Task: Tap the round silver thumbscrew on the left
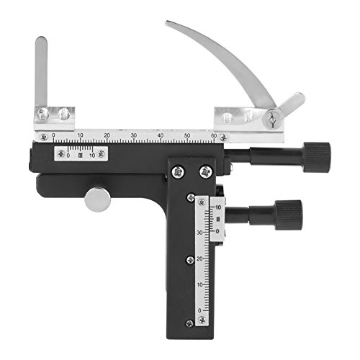coord(97,199)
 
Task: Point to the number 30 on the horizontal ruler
coord(133,135)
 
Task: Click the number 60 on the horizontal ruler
coord(214,135)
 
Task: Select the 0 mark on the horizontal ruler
coord(53,135)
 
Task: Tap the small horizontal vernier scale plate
coord(81,153)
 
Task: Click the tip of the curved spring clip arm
coord(170,24)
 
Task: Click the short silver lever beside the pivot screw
coord(291,104)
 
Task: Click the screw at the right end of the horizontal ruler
coord(225,137)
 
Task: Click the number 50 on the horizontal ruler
coord(187,135)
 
